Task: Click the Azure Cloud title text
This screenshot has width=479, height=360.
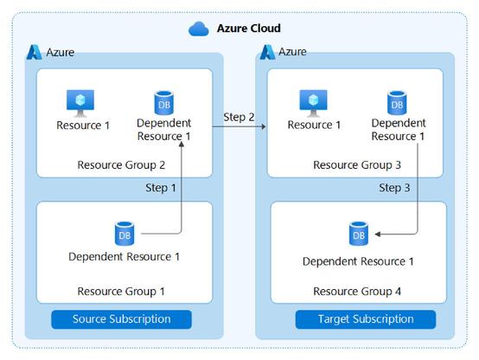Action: coord(249,29)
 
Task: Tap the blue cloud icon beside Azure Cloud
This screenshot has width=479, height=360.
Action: coord(199,29)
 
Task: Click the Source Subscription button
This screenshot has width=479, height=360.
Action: coord(122,319)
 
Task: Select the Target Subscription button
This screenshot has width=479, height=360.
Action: coord(366,319)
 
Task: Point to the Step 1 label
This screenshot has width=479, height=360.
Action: coord(161,188)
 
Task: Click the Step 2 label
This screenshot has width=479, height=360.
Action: coord(239,117)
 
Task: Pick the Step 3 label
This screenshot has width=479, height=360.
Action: coord(394,188)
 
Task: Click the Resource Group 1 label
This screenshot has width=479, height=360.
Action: coord(121,291)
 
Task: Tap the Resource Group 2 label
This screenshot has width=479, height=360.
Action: coord(121,165)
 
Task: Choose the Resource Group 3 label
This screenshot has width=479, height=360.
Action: coord(357,165)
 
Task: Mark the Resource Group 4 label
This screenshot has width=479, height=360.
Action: coord(357,291)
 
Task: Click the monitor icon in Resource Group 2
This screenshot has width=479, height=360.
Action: coord(80,103)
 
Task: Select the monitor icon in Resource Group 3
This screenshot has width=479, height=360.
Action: coord(314,103)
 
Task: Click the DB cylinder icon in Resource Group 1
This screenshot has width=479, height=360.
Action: coord(125,234)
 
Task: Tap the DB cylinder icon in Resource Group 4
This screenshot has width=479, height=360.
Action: coord(359,234)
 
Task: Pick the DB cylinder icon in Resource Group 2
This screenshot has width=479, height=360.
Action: coord(164,103)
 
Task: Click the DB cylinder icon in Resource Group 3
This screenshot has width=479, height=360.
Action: coord(397,103)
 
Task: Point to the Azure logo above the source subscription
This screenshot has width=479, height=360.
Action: coord(35,52)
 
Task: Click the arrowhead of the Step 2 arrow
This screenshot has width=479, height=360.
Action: coord(263,126)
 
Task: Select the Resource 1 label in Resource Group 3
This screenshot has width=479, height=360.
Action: coord(314,125)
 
